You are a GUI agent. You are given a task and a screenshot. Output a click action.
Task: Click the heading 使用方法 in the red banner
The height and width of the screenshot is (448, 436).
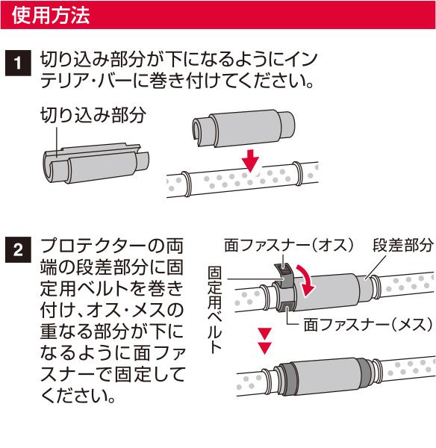point(51,15)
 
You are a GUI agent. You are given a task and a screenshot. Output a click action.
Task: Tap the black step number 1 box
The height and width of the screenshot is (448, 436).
point(18,63)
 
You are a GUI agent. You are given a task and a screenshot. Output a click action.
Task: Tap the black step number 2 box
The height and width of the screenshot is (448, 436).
point(18,249)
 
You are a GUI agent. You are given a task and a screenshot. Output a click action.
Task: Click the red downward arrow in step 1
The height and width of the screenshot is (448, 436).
point(251,161)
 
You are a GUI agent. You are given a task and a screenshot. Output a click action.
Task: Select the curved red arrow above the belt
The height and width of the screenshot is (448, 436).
point(305,281)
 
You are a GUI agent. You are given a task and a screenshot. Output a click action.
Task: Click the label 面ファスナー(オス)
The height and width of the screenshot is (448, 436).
point(289,245)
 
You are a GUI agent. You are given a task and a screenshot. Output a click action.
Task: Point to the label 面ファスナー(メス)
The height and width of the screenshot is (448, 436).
point(368,325)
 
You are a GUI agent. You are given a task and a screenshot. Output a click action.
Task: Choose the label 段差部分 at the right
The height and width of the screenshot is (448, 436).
point(403,245)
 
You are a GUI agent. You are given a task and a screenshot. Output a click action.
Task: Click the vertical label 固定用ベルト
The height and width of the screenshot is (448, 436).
point(214,309)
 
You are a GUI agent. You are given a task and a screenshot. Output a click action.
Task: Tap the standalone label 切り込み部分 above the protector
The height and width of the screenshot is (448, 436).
point(93,115)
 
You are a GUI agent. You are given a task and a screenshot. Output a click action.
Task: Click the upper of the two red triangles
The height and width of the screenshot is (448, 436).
point(264,334)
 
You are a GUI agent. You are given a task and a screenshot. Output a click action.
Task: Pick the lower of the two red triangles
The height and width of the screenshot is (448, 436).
point(264,348)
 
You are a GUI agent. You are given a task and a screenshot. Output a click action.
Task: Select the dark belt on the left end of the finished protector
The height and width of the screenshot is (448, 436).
point(287,378)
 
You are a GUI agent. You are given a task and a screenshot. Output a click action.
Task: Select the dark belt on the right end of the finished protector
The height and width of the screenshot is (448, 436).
point(365,373)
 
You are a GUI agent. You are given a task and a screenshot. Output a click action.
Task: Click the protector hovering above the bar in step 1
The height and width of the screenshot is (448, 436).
point(243,128)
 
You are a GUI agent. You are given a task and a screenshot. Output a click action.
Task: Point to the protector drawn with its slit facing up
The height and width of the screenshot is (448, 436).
point(96,163)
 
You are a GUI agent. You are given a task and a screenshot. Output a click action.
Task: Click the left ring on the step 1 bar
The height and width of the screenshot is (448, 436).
point(186,184)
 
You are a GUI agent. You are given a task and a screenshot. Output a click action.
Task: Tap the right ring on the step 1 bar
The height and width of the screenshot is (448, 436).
point(297,174)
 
